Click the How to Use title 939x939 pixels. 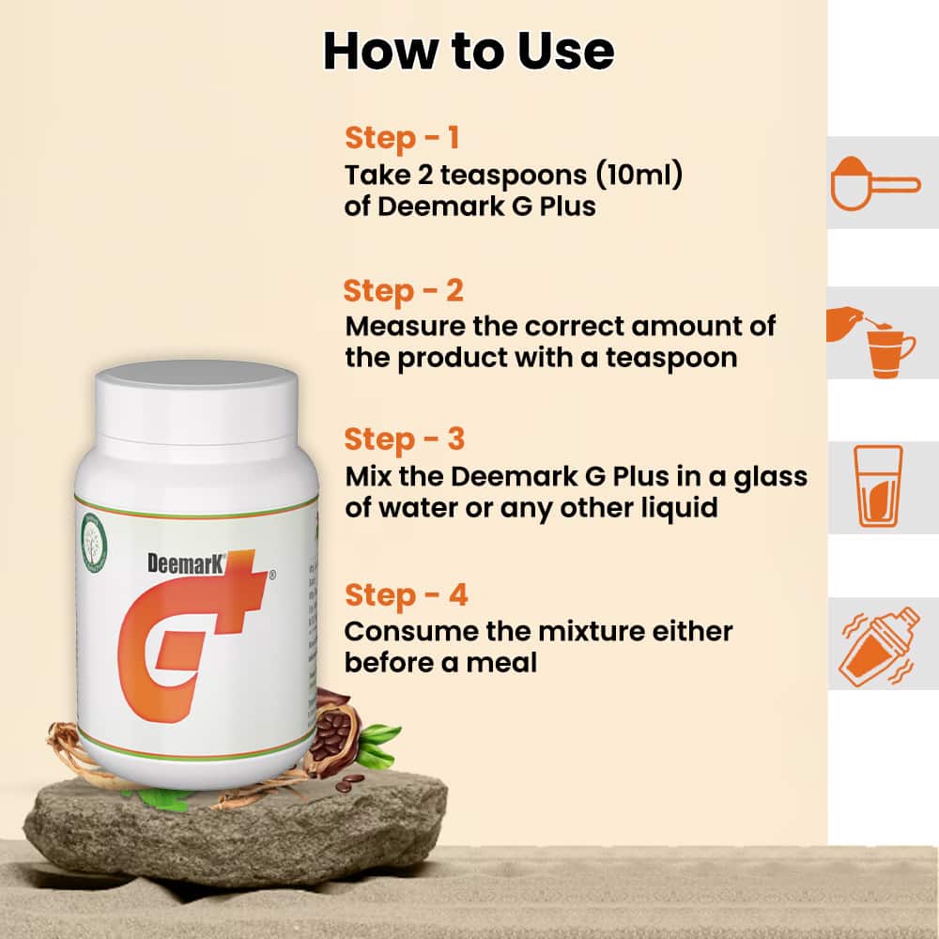469,52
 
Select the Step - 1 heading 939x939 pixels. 402,138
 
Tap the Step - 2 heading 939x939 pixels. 404,290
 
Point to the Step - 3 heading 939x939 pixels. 405,439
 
